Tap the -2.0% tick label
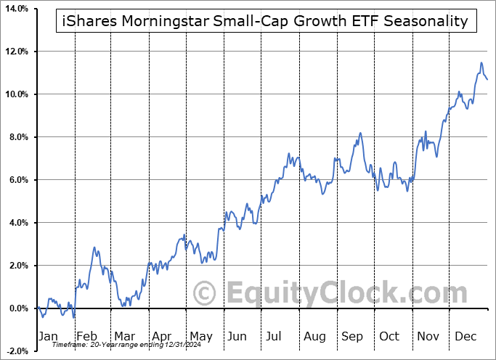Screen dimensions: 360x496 17,351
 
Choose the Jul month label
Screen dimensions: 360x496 274,337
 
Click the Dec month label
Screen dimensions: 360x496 465,337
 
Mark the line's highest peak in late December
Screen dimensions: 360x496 481,64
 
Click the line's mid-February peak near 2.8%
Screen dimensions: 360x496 94,248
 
